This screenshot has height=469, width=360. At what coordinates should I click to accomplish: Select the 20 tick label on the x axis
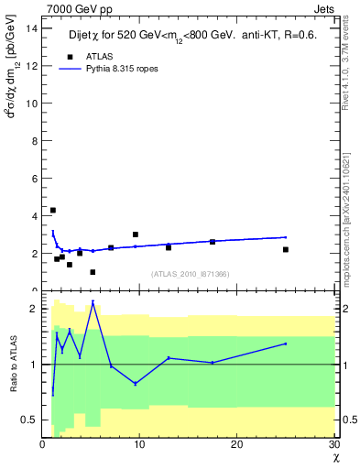[236, 444]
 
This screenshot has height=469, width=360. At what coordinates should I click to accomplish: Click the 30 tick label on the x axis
[333, 444]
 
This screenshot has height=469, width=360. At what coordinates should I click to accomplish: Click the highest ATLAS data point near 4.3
[53, 211]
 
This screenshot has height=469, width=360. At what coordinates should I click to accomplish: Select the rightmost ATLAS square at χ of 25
[286, 249]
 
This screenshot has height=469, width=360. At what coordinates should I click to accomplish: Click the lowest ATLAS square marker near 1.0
[93, 272]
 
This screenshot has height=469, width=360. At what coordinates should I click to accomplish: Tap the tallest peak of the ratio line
[93, 301]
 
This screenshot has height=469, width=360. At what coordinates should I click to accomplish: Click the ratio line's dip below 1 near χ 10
[136, 383]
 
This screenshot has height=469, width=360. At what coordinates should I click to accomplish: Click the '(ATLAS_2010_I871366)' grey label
[191, 274]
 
